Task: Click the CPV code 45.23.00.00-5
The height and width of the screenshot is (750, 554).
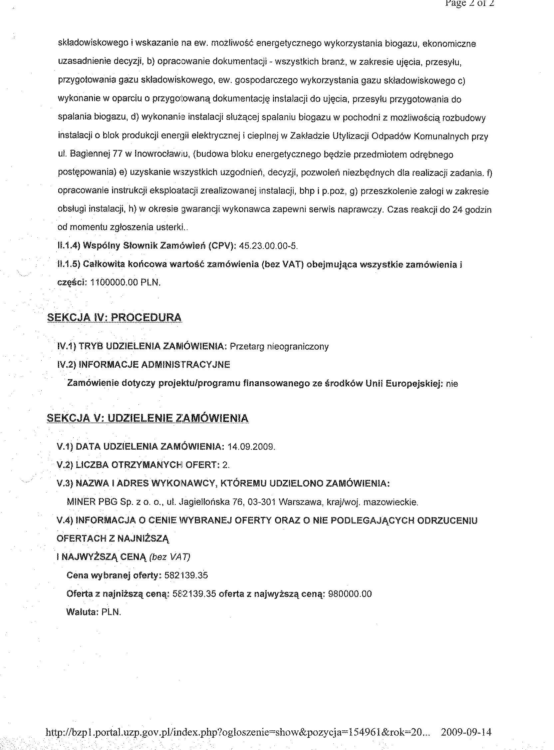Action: pyautogui.click(x=269, y=246)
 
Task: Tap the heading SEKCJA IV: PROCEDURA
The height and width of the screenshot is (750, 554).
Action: pyautogui.click(x=114, y=318)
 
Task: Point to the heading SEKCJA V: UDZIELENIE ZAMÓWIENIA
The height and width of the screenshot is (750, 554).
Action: pyautogui.click(x=147, y=418)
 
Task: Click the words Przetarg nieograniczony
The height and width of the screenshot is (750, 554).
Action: pyautogui.click(x=279, y=346)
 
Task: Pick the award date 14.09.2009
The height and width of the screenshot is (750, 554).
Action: pyautogui.click(x=251, y=447)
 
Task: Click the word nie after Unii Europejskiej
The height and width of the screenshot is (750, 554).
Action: pyautogui.click(x=452, y=384)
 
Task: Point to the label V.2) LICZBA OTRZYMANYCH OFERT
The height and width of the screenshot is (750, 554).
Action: pyautogui.click(x=138, y=465)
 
